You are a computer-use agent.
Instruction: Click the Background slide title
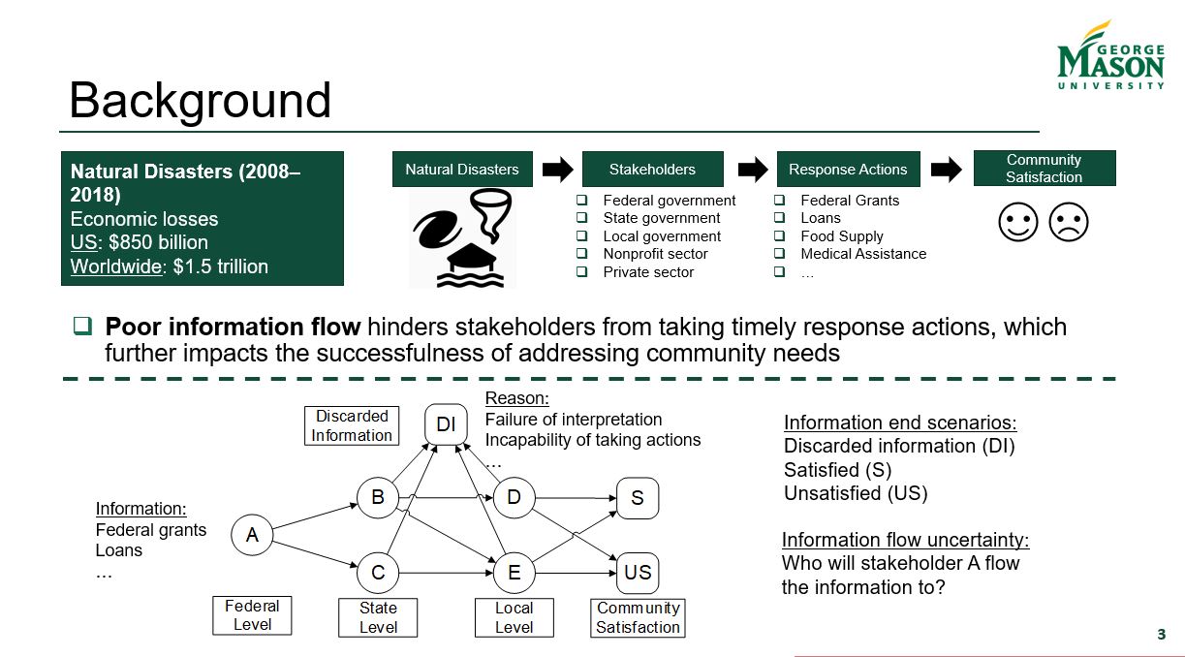pos(200,101)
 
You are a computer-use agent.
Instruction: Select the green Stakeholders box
pos(652,169)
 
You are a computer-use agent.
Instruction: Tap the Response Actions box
pos(848,169)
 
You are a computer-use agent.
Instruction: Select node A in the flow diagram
pos(252,534)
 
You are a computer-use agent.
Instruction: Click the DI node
pos(446,424)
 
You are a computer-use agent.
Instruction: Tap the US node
pos(638,572)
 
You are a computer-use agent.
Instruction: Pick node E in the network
pos(514,572)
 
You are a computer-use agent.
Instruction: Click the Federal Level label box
pos(252,615)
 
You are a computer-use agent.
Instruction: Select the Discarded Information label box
pos(352,425)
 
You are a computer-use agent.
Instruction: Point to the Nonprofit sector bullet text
pos(655,254)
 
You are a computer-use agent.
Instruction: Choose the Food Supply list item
pos(841,236)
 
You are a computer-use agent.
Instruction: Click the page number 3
pos(1161,635)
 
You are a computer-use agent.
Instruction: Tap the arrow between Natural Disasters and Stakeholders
pos(557,170)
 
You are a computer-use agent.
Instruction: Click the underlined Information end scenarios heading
pos(899,422)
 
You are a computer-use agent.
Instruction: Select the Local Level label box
pos(514,617)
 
